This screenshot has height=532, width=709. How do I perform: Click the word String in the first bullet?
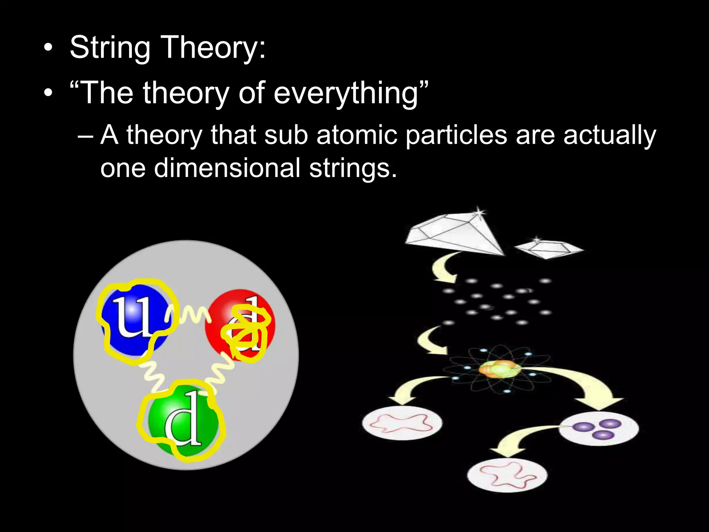[x=110, y=48]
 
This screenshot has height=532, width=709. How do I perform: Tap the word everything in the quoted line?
[x=346, y=93]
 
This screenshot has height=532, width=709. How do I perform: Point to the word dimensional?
[x=227, y=168]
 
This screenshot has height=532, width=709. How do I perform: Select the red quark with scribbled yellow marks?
[x=241, y=326]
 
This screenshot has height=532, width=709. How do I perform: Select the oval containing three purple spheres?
[x=599, y=429]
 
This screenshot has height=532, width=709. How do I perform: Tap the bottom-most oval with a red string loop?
[x=507, y=474]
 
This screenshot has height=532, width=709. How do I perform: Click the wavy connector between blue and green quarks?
[x=152, y=376]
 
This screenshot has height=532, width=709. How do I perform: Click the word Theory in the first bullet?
[x=213, y=48]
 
